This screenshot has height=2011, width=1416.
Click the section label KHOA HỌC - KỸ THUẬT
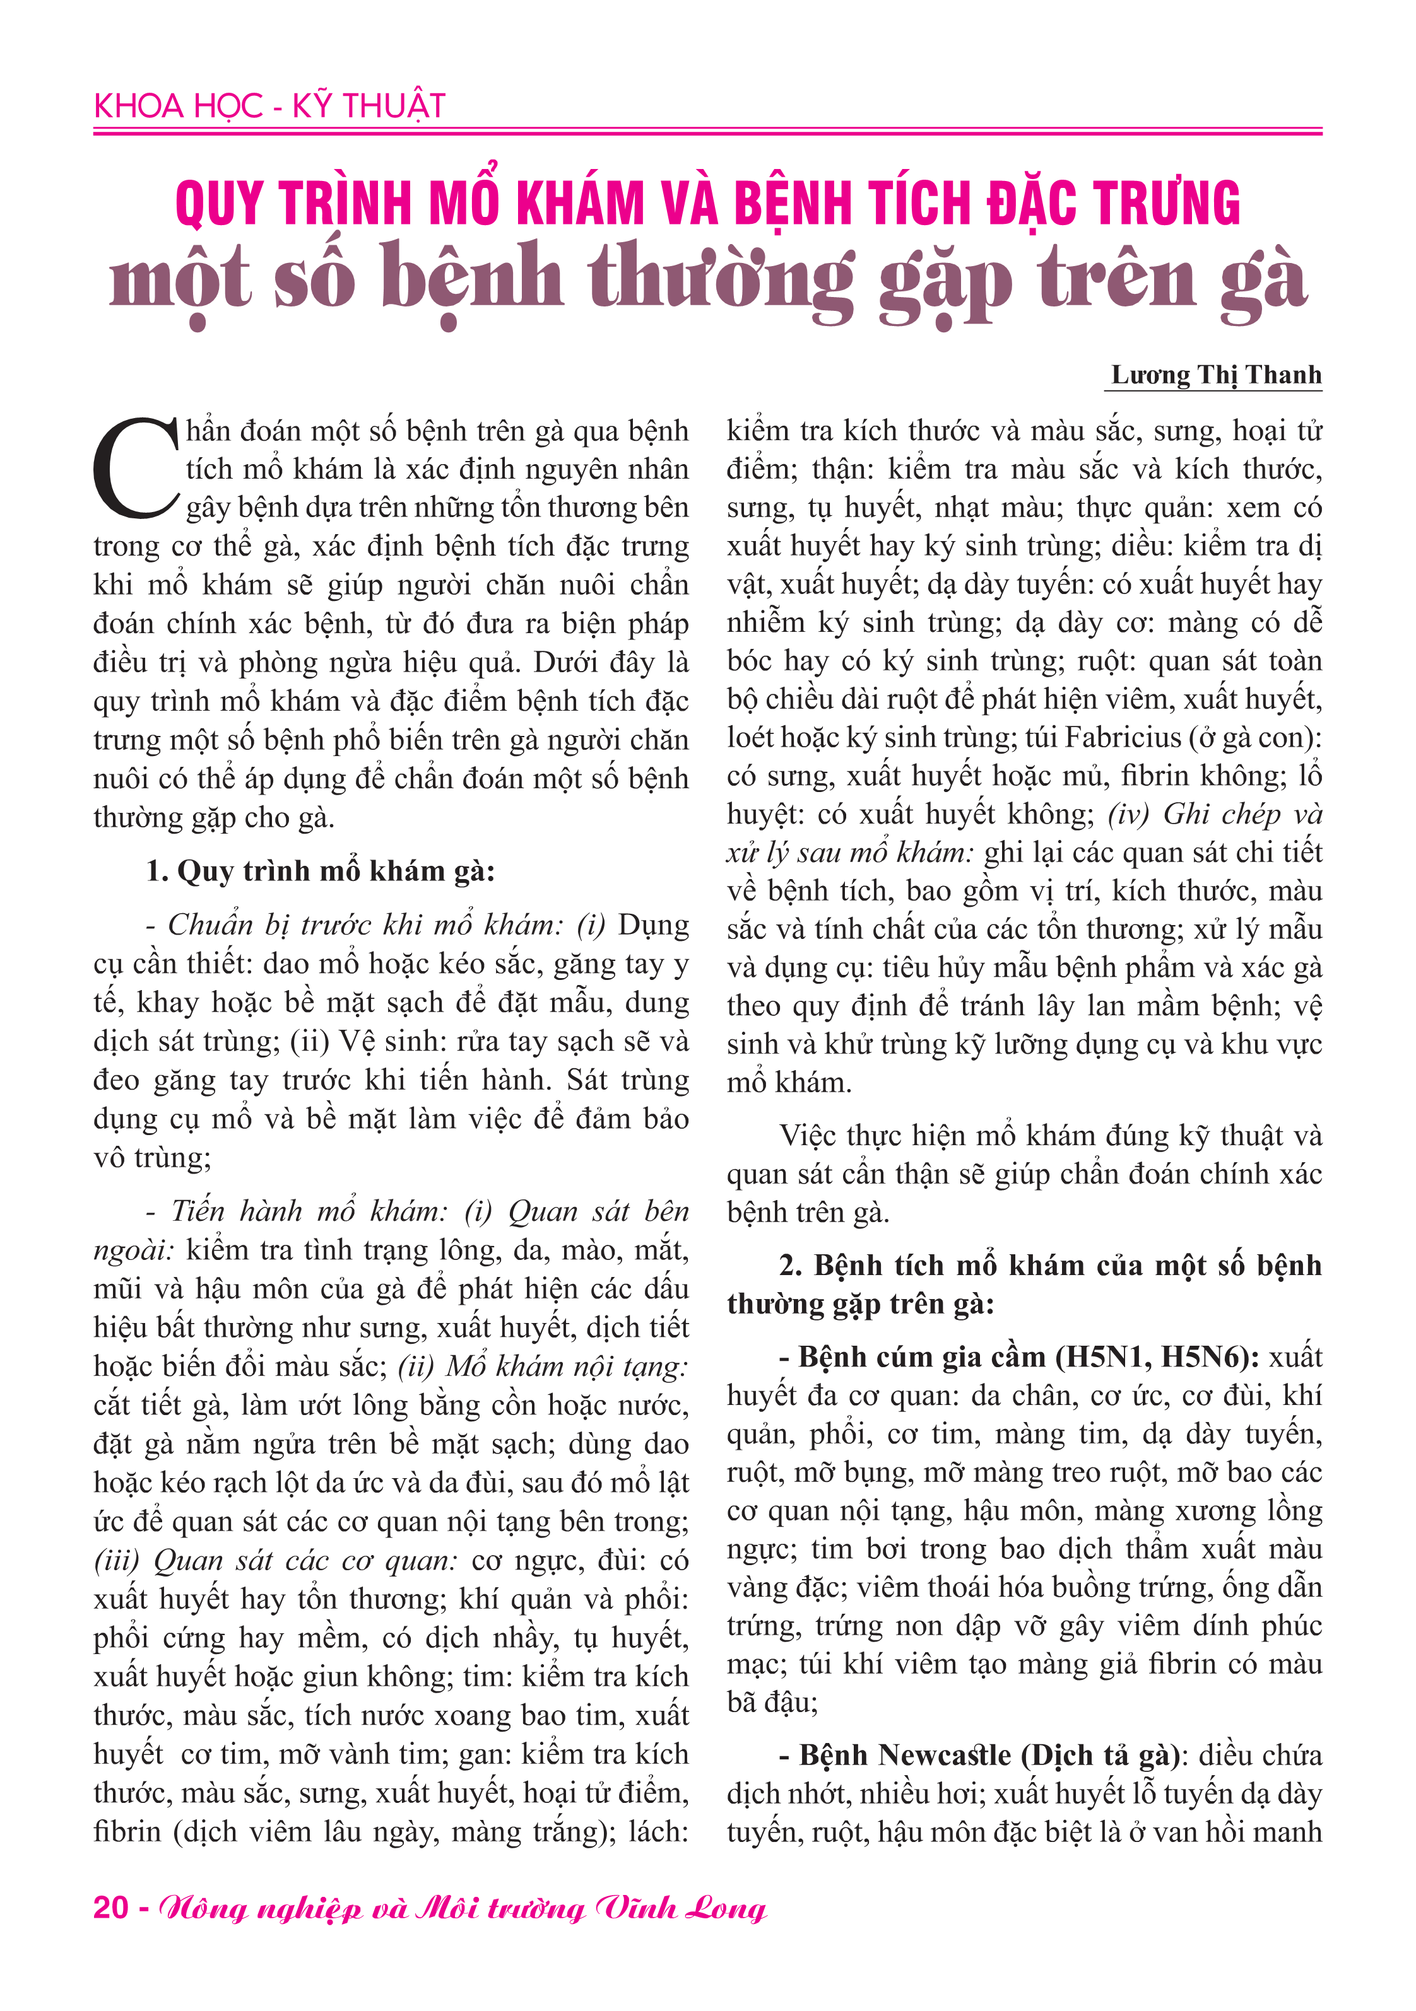pyautogui.click(x=269, y=106)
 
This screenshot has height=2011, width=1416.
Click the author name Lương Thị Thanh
pyautogui.click(x=1215, y=375)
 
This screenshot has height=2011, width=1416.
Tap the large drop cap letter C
pyautogui.click(x=136, y=469)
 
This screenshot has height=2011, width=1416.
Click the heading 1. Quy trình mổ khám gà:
pyautogui.click(x=320, y=871)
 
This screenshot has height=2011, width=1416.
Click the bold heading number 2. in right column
pyautogui.click(x=791, y=1266)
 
